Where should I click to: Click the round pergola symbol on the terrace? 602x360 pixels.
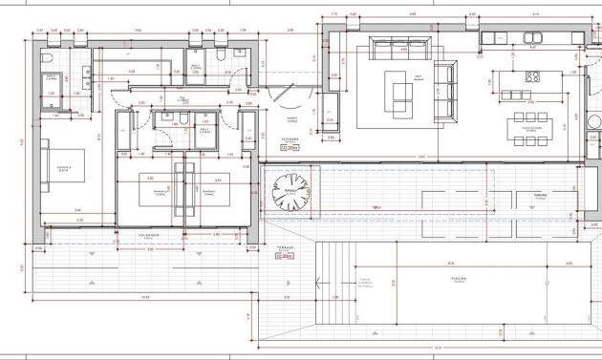click(287, 193)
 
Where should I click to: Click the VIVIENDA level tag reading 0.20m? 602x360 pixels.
click(289, 148)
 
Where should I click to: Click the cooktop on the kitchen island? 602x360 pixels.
click(533, 77)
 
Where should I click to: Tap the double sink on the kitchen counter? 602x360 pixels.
click(533, 38)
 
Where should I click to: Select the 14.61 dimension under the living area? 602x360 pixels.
click(420, 159)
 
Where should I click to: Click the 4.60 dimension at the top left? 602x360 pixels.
click(139, 32)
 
